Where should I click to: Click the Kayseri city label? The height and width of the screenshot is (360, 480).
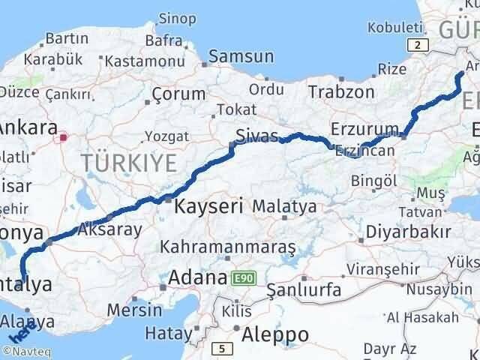pos(208,205)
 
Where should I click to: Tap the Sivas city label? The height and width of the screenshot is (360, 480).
pos(255,136)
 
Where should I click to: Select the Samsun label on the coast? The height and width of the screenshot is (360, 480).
pos(241,56)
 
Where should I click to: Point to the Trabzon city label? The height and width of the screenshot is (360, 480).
pos(340,91)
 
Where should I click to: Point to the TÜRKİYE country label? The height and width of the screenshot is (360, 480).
pos(129,160)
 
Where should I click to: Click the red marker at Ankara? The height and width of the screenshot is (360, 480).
pos(64,136)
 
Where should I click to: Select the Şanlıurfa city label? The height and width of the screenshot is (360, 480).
pos(304,289)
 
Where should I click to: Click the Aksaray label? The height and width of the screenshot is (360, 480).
pos(109,229)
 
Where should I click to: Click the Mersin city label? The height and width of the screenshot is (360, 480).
pos(134,309)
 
